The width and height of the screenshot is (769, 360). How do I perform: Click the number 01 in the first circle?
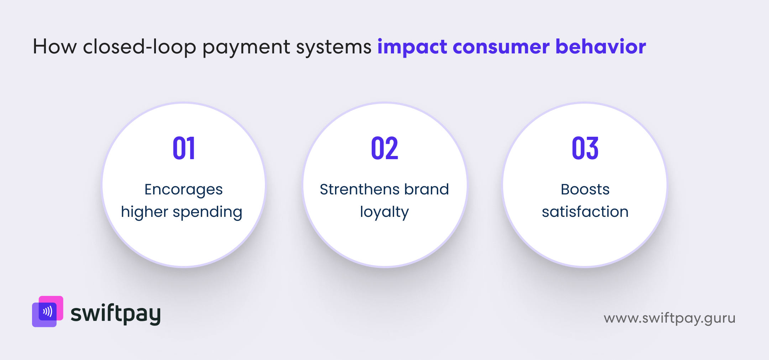pos(184,148)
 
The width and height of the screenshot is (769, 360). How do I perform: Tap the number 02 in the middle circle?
pos(384,148)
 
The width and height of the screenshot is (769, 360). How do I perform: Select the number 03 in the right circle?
pos(585,148)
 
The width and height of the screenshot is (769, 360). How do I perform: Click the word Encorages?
pos(183,190)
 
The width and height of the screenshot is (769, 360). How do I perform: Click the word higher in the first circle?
pos(144,212)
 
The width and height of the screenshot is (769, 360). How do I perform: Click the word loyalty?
pos(384,212)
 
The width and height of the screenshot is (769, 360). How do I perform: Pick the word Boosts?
pos(585,189)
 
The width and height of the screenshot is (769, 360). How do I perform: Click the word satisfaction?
pos(585,212)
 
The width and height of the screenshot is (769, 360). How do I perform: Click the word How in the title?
pos(54,47)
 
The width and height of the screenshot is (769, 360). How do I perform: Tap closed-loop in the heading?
pos(139,47)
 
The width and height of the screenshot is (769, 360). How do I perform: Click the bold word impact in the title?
pos(412,47)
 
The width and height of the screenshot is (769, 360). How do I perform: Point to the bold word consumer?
pos(501,47)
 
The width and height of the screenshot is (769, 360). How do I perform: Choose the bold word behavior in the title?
pos(601,47)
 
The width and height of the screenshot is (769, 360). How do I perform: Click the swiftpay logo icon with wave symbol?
pos(48,312)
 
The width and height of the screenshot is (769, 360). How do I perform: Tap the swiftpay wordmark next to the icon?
pos(115,314)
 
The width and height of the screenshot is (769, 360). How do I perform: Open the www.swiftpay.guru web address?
pos(669,318)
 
